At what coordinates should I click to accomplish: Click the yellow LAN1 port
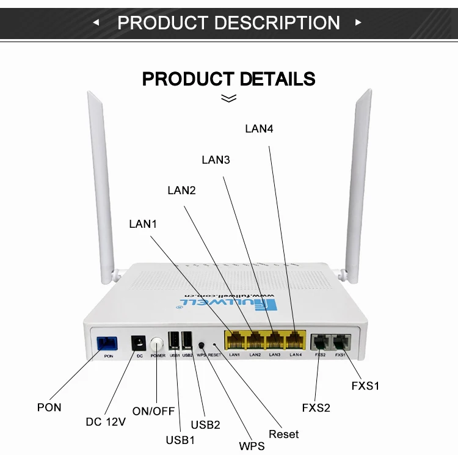(x=235, y=340)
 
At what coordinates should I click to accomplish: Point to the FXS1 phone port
(x=340, y=340)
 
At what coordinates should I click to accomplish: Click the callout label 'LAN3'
(x=216, y=160)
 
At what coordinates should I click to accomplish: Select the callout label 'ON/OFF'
(x=153, y=411)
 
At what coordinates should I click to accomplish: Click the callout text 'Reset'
(x=284, y=434)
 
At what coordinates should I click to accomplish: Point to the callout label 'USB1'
(x=181, y=439)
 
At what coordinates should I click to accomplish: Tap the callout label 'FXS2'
(x=316, y=407)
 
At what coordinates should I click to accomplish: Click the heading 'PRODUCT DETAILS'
(x=228, y=79)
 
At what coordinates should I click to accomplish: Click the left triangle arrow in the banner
(x=96, y=23)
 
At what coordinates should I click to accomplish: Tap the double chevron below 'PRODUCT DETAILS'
(x=228, y=98)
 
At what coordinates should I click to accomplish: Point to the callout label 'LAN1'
(x=143, y=224)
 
